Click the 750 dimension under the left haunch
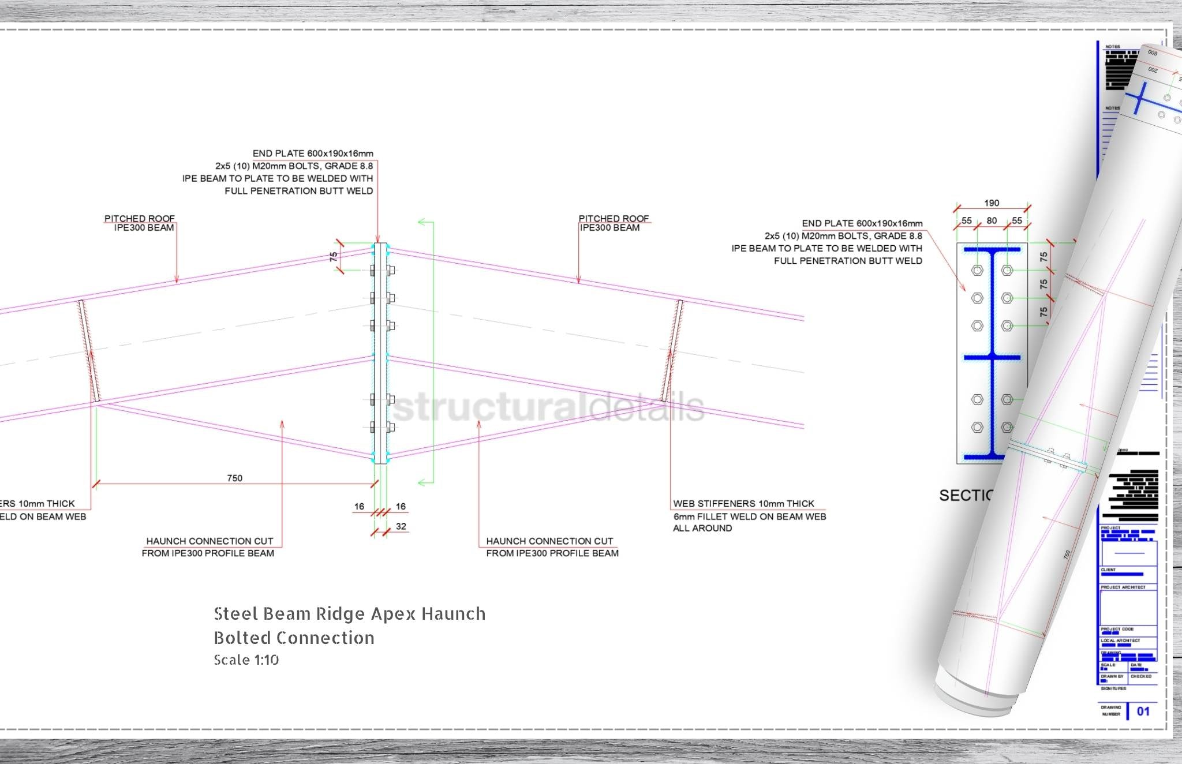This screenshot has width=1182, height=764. [234, 478]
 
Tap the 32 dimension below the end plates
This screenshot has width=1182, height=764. [401, 526]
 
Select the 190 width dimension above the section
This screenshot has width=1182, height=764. [992, 203]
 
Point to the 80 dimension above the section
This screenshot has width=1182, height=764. [992, 220]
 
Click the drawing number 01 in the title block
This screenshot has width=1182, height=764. [1143, 711]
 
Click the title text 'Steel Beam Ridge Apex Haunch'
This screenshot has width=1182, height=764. [349, 613]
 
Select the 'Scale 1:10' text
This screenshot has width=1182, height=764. [246, 660]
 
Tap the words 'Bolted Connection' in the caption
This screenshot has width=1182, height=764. [294, 638]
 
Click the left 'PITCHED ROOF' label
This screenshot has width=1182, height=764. [139, 218]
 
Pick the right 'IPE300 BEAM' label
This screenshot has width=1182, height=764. [609, 228]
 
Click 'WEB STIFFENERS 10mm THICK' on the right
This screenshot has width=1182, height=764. [743, 504]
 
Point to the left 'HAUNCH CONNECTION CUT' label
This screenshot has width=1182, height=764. [210, 541]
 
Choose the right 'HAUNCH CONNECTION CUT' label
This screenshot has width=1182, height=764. [549, 541]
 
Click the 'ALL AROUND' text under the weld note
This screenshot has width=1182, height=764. [702, 528]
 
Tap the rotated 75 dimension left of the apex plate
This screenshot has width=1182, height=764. [334, 257]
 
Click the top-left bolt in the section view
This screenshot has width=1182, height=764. [977, 270]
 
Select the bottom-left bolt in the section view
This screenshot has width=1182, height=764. [977, 427]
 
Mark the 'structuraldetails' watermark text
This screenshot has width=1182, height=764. [548, 407]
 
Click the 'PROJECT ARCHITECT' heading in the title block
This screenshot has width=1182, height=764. [1123, 587]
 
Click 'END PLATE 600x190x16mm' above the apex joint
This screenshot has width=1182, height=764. [313, 153]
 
